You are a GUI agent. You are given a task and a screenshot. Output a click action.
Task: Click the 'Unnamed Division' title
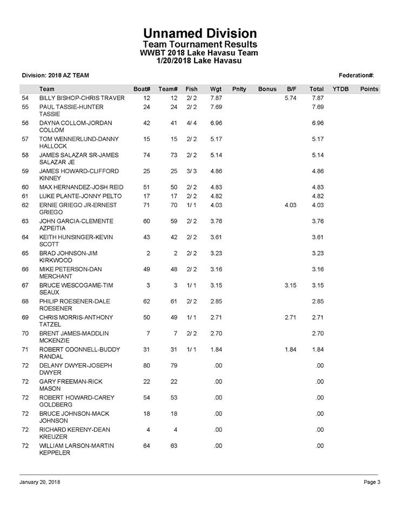coord(200,34)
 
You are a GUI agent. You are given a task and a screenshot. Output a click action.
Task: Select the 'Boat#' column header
coord(141,89)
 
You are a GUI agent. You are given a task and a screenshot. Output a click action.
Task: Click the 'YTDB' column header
coord(340,89)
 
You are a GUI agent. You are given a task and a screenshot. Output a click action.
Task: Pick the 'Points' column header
coord(369,89)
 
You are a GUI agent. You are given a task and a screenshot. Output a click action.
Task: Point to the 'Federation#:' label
coord(357,75)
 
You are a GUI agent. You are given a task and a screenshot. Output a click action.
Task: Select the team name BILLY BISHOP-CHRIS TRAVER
coord(82,98)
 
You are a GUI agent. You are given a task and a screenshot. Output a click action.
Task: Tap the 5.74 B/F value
coord(291,98)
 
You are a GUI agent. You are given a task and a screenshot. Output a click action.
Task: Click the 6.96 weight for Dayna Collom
coord(216,123)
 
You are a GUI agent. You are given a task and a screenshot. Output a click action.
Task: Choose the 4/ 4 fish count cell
coord(191,123)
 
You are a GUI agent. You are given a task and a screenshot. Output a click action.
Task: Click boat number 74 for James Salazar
coord(146,155)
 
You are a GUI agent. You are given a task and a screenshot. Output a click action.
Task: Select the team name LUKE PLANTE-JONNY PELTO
coord(81,196)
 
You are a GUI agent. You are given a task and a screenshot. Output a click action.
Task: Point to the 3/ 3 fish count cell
coord(191,171)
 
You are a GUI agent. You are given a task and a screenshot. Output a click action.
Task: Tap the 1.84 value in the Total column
coord(317,350)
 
